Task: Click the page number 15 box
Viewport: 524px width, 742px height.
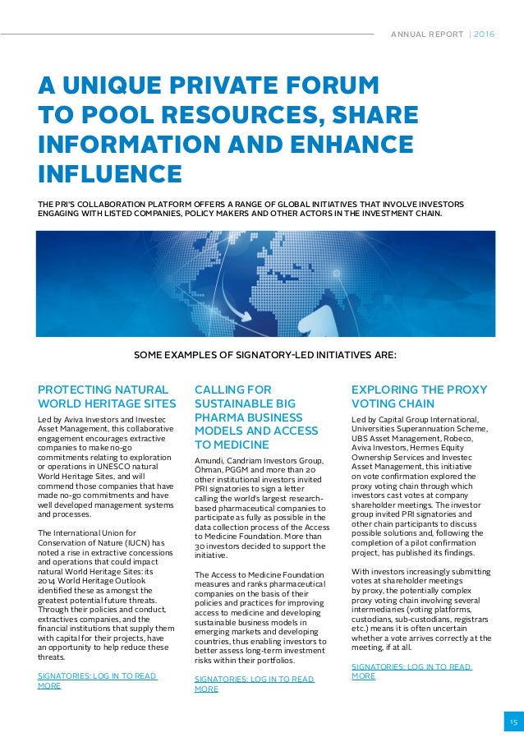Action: pos(513,722)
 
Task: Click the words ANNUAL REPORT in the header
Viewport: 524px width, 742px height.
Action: pos(420,35)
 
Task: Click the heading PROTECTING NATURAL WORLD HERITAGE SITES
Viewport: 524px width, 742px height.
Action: pos(107,396)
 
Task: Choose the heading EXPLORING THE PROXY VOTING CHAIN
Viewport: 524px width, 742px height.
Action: pos(419,396)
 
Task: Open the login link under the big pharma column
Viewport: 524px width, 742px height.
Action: pos(254,684)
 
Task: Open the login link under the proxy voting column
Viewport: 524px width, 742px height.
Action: pos(411,671)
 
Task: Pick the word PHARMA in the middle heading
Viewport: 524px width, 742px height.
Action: pos(218,417)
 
